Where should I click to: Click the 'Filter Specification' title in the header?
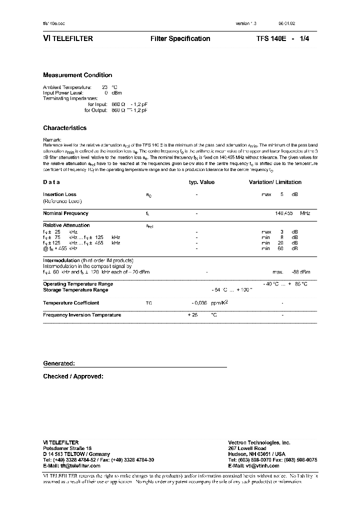click(180, 38)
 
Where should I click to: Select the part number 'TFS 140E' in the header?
click(270, 38)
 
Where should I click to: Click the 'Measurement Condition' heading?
click(77, 75)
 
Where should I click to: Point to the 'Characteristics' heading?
click(64, 128)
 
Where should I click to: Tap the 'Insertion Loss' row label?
click(59, 194)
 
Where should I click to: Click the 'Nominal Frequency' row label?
click(65, 213)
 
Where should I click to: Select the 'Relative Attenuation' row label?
click(66, 225)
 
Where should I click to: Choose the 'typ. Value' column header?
click(201, 182)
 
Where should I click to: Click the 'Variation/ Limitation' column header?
click(275, 182)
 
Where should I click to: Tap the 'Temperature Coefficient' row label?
click(71, 303)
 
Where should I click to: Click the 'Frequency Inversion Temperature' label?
click(82, 315)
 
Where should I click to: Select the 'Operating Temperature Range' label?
click(78, 284)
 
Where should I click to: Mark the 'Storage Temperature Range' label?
click(75, 290)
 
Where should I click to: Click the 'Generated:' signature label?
click(59, 363)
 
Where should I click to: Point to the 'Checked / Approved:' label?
click(73, 376)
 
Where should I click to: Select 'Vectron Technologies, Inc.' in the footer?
click(259, 442)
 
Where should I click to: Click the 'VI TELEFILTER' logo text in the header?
click(68, 38)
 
